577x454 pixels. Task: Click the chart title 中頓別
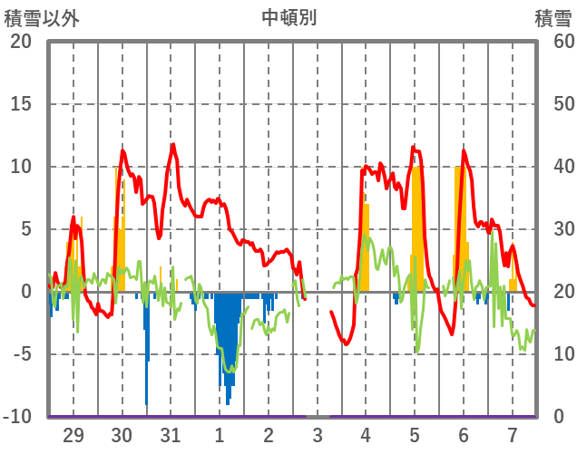pyautogui.click(x=288, y=17)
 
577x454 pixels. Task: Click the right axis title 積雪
pyautogui.click(x=553, y=17)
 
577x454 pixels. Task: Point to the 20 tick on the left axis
pyautogui.click(x=21, y=42)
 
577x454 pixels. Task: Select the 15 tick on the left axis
pyautogui.click(x=21, y=104)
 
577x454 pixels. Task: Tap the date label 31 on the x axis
pyautogui.click(x=171, y=435)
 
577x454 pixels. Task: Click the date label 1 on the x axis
pyautogui.click(x=220, y=435)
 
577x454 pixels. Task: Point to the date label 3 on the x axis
pyautogui.click(x=318, y=435)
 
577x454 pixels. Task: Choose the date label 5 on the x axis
pyautogui.click(x=415, y=435)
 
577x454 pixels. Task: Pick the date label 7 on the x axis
pyautogui.click(x=513, y=435)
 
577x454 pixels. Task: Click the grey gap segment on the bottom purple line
pyautogui.click(x=318, y=416)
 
